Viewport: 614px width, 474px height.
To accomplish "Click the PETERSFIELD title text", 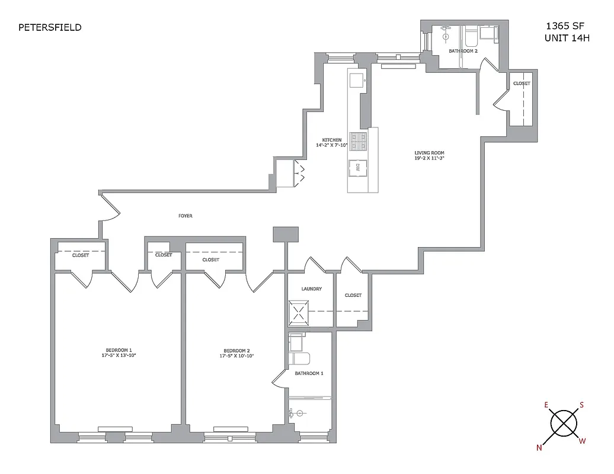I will tap(50, 27).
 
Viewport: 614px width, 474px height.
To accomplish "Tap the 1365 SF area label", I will tap(564, 27).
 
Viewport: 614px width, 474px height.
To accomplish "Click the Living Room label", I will tap(429, 153).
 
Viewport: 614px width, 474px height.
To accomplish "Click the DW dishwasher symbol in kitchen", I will tap(357, 168).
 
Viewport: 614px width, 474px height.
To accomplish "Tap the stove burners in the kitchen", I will tap(357, 140).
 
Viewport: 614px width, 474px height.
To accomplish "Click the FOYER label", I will tap(186, 216).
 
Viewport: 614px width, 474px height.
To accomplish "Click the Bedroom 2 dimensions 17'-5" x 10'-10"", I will tap(236, 356).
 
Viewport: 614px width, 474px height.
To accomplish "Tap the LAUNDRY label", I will tap(311, 289).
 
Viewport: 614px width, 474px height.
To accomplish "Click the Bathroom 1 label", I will tap(309, 373).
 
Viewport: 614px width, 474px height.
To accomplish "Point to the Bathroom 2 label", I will tap(463, 52).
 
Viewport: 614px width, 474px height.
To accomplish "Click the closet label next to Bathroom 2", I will tap(522, 84).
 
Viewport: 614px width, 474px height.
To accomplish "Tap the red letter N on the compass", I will tap(539, 448).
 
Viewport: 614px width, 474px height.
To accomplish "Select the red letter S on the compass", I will tap(581, 405).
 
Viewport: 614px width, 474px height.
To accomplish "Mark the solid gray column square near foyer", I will tap(285, 234).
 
